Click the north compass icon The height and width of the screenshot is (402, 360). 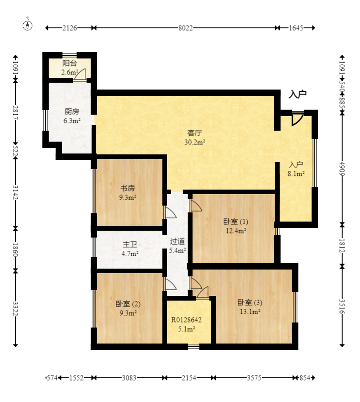pyautogui.click(x=27, y=25)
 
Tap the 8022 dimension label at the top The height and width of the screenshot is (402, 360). pyautogui.click(x=185, y=28)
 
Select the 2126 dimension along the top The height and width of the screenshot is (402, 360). pyautogui.click(x=70, y=28)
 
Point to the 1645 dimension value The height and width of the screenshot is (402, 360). pyautogui.click(x=296, y=28)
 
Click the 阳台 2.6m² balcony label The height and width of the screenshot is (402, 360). pyautogui.click(x=70, y=68)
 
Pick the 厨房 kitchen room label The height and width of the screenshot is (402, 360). pyautogui.click(x=72, y=111)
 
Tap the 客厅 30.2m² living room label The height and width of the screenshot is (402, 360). pyautogui.click(x=195, y=137)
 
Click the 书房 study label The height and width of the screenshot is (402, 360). pyautogui.click(x=127, y=188)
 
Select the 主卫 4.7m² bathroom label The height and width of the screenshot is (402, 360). pyautogui.click(x=130, y=249)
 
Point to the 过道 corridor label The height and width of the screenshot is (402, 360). pyautogui.click(x=177, y=241)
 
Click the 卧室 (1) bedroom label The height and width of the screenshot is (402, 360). pyautogui.click(x=236, y=221)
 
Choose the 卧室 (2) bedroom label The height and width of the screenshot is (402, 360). pyautogui.click(x=128, y=304)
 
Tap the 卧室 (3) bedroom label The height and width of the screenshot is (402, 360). pyautogui.click(x=250, y=302)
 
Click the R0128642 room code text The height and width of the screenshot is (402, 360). pyautogui.click(x=187, y=320)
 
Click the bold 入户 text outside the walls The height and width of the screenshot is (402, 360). pyautogui.click(x=297, y=95)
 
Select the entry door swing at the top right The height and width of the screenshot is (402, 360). pyautogui.click(x=297, y=119)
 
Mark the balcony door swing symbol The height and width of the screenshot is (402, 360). pyautogui.click(x=80, y=74)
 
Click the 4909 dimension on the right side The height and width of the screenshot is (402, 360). pyautogui.click(x=342, y=169)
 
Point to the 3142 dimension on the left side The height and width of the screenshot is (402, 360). pyautogui.click(x=16, y=192)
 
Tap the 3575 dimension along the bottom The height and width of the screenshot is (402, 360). pyautogui.click(x=254, y=378)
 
